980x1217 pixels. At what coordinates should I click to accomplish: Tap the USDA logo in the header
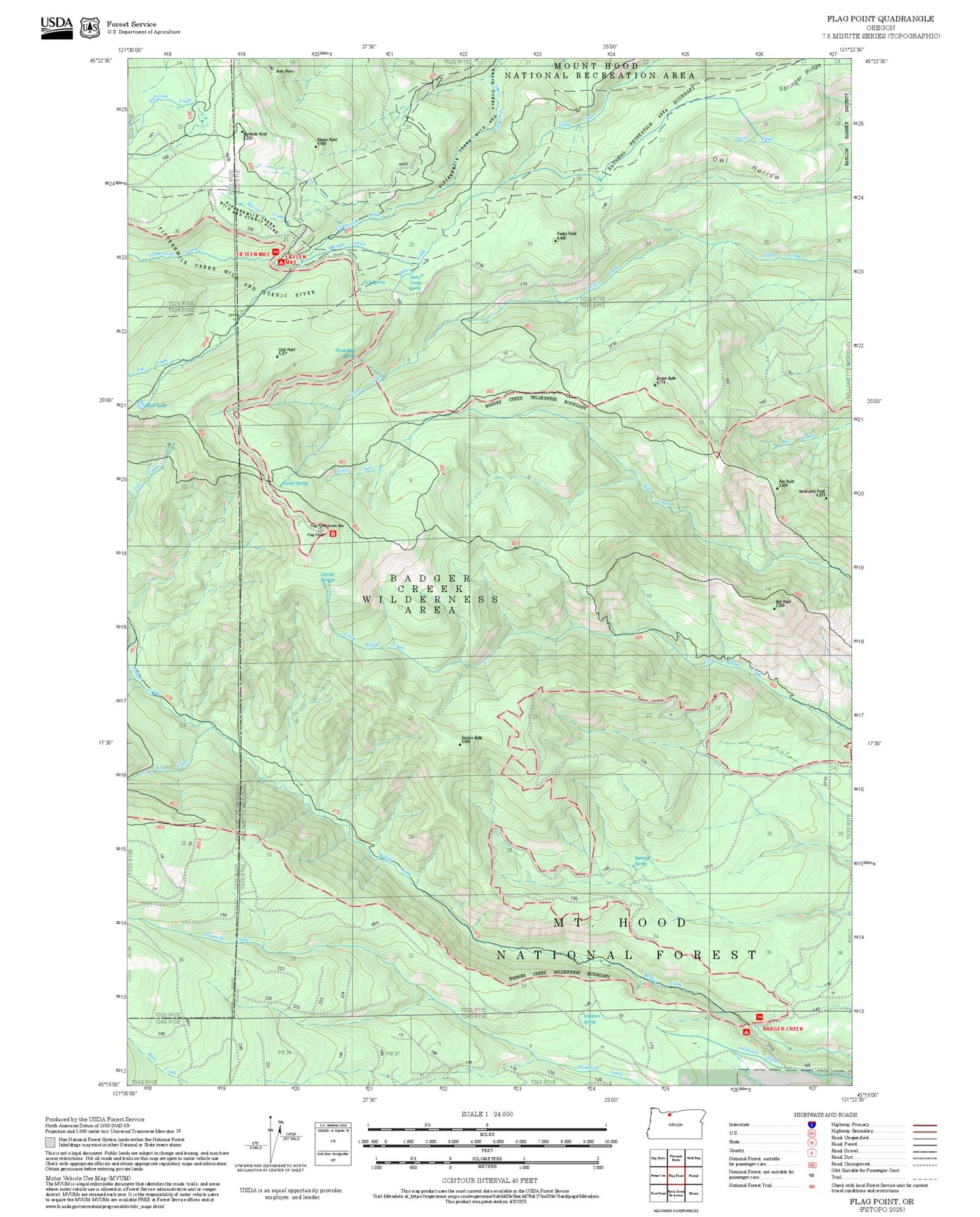point(57,27)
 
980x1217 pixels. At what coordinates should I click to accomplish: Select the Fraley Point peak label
point(566,235)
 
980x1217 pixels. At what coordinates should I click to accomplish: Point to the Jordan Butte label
point(666,379)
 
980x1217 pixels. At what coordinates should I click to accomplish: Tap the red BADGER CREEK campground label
point(782,1028)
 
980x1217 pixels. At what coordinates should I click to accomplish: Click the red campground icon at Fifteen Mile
point(281,262)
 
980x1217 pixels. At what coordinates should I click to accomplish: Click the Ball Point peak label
point(782,603)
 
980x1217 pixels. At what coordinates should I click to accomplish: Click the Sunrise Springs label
point(327,577)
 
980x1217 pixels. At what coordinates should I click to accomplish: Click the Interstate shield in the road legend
point(812,1124)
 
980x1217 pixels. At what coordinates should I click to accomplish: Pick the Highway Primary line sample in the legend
point(922,1125)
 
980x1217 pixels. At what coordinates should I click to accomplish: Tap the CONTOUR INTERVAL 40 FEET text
point(489,1180)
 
